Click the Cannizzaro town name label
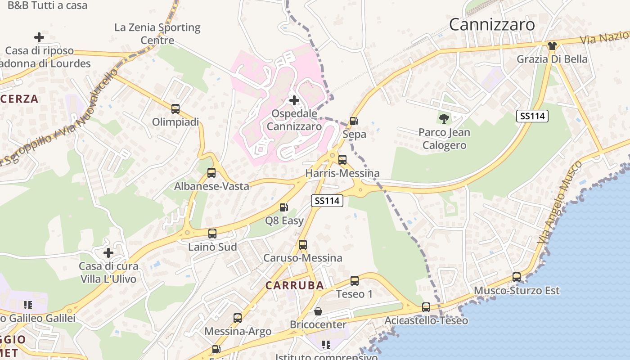click(492, 24)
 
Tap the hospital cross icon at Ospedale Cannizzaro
click(294, 100)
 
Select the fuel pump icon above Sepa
click(354, 121)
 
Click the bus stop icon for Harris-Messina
click(342, 159)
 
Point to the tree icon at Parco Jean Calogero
click(444, 119)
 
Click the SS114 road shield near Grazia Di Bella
click(532, 116)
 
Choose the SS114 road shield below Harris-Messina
click(327, 201)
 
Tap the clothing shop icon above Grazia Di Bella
click(552, 46)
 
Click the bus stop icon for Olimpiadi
click(175, 108)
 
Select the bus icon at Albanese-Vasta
click(211, 172)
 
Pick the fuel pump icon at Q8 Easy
click(284, 207)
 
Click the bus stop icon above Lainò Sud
click(212, 234)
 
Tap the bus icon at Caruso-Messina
click(303, 245)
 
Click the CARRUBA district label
click(294, 285)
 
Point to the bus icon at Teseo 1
click(355, 281)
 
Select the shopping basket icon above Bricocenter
click(318, 311)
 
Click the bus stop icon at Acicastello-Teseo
click(426, 307)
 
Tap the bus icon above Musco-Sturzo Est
click(517, 277)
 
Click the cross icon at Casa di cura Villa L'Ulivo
click(108, 253)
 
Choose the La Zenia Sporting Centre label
click(157, 34)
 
